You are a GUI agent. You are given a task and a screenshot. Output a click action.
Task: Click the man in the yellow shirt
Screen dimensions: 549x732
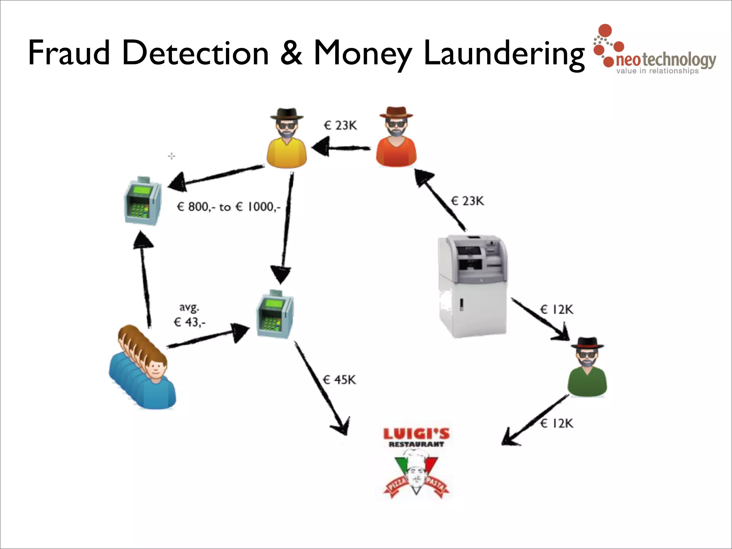pyautogui.click(x=287, y=139)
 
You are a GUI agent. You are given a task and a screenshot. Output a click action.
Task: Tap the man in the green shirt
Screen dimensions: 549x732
pyautogui.click(x=587, y=368)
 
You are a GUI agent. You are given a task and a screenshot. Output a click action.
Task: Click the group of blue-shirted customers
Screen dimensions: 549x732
pyautogui.click(x=143, y=368)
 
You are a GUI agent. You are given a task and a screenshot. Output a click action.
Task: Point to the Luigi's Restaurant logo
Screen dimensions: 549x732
pyautogui.click(x=416, y=463)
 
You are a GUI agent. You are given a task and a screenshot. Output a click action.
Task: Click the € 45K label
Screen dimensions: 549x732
pyautogui.click(x=340, y=380)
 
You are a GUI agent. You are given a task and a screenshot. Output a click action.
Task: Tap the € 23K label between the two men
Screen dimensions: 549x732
pyautogui.click(x=340, y=125)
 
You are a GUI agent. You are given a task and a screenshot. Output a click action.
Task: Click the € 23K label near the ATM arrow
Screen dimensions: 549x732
pyautogui.click(x=468, y=201)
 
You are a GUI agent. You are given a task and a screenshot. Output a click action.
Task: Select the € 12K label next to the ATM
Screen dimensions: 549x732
pyautogui.click(x=557, y=310)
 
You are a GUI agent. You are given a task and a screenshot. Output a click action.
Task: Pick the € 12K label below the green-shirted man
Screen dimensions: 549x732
pyautogui.click(x=557, y=424)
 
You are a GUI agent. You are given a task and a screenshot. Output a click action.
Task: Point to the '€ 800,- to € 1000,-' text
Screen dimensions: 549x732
pyautogui.click(x=229, y=207)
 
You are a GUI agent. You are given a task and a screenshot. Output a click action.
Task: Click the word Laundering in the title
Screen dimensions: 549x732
pyautogui.click(x=504, y=54)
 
